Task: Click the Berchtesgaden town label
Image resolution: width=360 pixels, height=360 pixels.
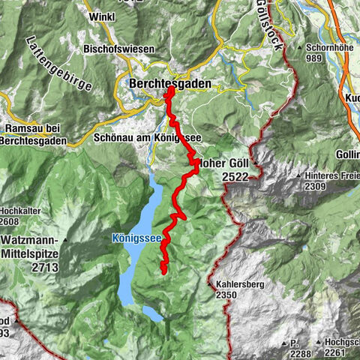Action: (169, 84)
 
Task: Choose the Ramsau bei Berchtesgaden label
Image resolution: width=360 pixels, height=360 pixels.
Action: (34, 133)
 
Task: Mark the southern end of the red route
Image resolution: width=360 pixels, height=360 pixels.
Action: (163, 273)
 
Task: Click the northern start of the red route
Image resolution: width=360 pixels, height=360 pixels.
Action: (170, 90)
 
